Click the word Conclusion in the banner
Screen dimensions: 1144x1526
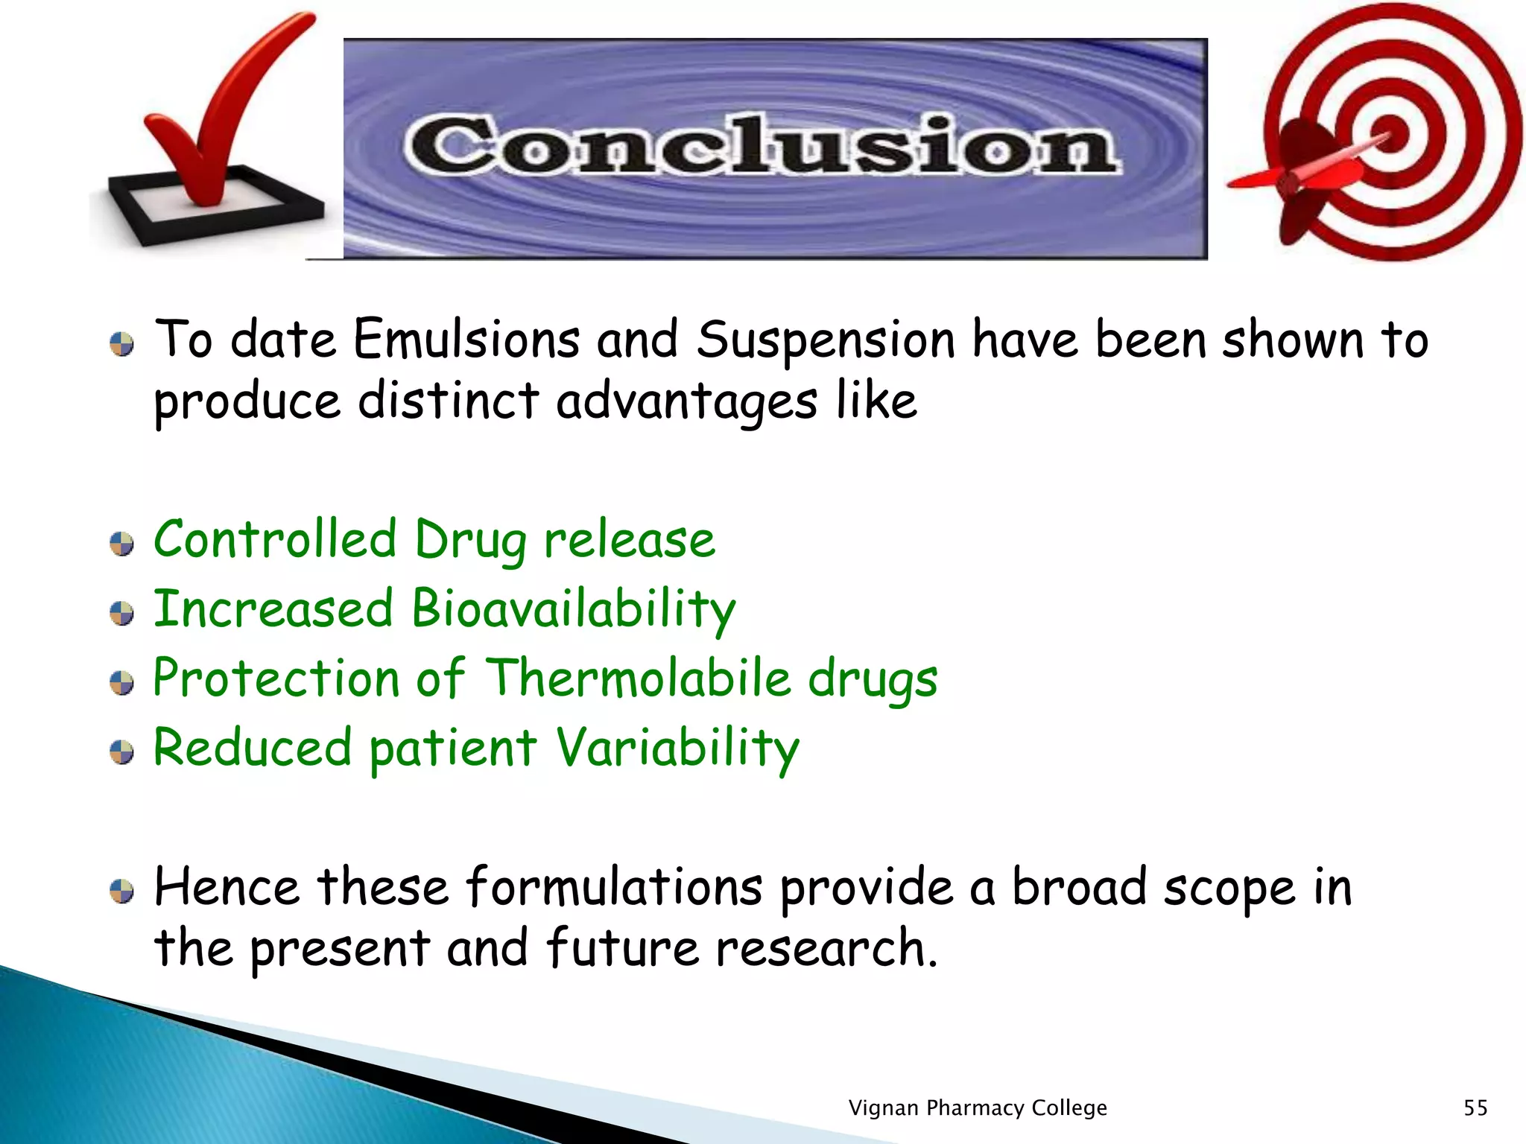(760, 146)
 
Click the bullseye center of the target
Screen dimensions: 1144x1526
(1389, 134)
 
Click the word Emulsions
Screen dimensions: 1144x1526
(466, 340)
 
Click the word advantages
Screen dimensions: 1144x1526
(686, 402)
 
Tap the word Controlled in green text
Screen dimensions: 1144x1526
(275, 539)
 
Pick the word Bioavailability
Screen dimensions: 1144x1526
(573, 609)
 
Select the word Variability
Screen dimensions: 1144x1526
(677, 748)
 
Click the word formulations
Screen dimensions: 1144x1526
(614, 888)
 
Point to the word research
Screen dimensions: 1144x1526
(826, 949)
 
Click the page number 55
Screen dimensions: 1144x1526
(1475, 1108)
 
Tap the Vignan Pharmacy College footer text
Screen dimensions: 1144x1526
(978, 1108)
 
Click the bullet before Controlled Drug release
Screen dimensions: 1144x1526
(121, 544)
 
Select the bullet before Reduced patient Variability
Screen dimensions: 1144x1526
(121, 752)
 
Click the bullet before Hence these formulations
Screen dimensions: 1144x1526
(121, 891)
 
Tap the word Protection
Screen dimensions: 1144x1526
(276, 679)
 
